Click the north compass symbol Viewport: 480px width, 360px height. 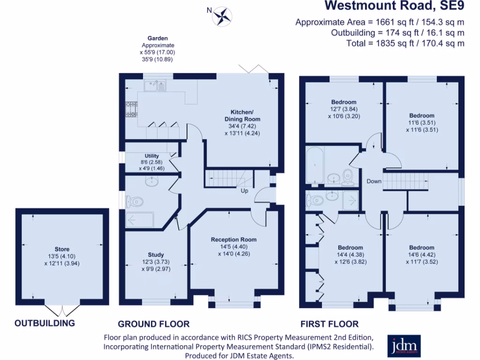[x=222, y=15]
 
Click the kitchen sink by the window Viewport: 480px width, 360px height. [x=155, y=85]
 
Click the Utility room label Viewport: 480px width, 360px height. [x=152, y=156]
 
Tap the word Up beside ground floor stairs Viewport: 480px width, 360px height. [x=245, y=191]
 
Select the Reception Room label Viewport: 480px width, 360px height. [x=233, y=240]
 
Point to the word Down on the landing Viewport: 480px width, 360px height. [x=374, y=181]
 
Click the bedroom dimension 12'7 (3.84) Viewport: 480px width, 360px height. [x=344, y=109]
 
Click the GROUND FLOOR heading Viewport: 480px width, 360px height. [x=153, y=324]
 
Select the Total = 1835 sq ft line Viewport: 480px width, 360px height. [x=411, y=43]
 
